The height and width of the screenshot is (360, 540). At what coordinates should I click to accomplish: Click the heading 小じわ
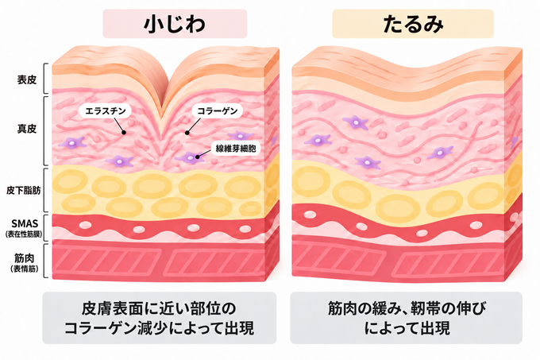175,24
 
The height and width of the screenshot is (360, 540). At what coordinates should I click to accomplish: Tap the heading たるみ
413,24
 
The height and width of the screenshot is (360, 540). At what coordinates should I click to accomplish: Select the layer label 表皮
27,80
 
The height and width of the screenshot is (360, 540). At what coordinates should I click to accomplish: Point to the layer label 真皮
27,129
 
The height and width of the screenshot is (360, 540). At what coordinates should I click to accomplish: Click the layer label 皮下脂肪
23,190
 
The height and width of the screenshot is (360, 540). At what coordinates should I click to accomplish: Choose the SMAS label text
24,224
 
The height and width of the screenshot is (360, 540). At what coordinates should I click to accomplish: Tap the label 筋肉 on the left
24,257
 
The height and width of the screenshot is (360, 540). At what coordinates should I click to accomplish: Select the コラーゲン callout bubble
217,111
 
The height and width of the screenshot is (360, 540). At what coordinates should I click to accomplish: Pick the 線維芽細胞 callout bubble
236,149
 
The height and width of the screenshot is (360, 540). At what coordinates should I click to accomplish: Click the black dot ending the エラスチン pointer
124,132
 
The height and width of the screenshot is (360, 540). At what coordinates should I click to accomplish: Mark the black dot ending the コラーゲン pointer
187,132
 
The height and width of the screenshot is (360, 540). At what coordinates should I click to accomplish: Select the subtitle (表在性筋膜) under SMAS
24,234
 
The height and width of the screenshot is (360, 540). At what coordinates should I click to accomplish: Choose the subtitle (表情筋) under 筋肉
24,269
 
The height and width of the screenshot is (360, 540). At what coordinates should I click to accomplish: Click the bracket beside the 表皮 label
45,79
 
